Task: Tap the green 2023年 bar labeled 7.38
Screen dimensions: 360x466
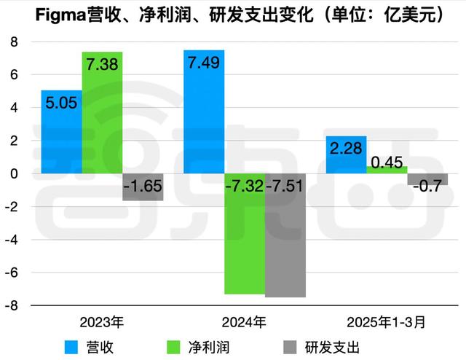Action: (x=102, y=113)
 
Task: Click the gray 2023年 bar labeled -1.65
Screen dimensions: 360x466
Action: (x=143, y=187)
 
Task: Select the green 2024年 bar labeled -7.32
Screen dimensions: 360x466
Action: (x=245, y=234)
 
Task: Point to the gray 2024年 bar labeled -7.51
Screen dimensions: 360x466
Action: (x=285, y=235)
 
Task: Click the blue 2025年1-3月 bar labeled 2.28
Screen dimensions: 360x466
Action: (x=346, y=155)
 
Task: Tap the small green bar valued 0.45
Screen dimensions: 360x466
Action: (x=387, y=170)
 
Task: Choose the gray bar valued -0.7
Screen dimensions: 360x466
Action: (x=427, y=180)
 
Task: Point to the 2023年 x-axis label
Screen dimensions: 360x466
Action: (x=102, y=321)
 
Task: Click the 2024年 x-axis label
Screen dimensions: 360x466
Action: (x=245, y=321)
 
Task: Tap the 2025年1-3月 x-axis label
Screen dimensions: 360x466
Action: (x=387, y=321)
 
